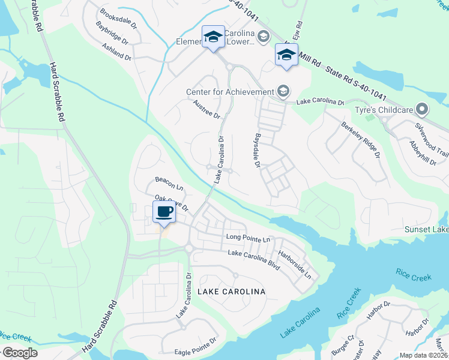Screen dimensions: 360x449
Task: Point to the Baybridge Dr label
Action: click(x=112, y=34)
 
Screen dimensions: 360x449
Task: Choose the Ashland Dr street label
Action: click(x=116, y=52)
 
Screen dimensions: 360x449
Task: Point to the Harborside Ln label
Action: click(x=295, y=265)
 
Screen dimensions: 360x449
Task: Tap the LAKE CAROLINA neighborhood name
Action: click(x=231, y=291)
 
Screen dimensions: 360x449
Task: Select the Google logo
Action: click(x=19, y=353)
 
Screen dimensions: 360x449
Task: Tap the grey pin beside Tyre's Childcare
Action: click(x=422, y=109)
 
